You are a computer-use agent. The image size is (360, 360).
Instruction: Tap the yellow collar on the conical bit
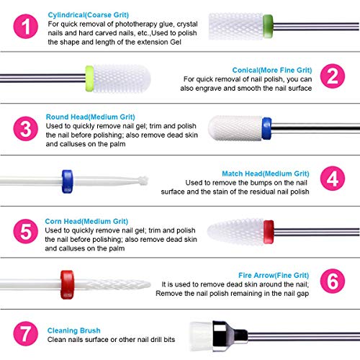(x=90, y=76)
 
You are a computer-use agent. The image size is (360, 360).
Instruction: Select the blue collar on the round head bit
(x=266, y=128)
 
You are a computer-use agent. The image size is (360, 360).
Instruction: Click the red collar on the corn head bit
(x=268, y=231)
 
